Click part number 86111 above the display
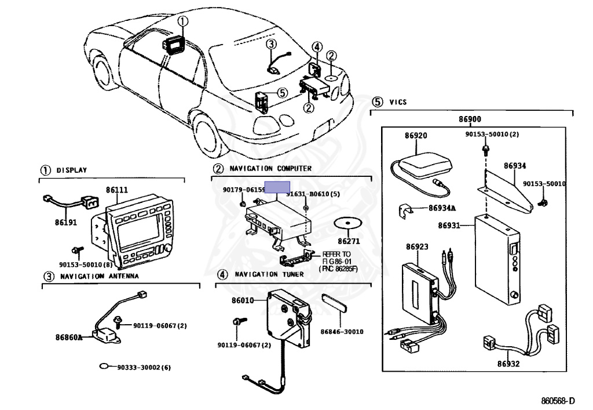click(117, 190)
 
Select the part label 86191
click(65, 223)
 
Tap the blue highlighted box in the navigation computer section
click(277, 187)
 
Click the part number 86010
click(243, 300)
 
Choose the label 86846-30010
click(342, 332)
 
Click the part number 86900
click(470, 119)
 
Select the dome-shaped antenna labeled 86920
click(423, 164)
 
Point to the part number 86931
click(449, 225)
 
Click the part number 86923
click(417, 246)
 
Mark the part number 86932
click(508, 364)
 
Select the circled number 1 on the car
click(183, 22)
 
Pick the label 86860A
click(68, 336)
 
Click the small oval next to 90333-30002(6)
click(104, 367)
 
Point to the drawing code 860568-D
click(558, 401)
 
